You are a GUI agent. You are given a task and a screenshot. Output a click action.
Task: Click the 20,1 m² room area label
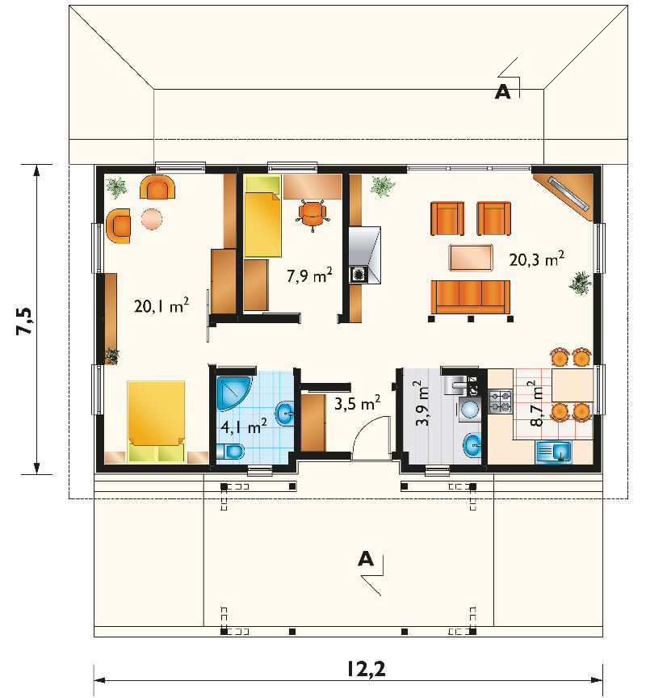[x=161, y=305]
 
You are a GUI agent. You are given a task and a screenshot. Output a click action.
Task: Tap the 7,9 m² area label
[x=309, y=275]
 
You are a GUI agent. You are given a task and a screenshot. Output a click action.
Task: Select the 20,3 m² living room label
[x=536, y=259]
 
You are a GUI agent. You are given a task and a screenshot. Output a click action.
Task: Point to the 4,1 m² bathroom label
[x=244, y=427]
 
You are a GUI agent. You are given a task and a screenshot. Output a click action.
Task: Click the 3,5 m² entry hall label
[x=357, y=403]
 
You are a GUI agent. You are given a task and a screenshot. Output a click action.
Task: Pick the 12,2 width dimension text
[x=366, y=669]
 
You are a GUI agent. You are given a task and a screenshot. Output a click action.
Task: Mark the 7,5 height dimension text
[x=24, y=321]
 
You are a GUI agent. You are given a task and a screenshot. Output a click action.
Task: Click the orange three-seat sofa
[x=470, y=297]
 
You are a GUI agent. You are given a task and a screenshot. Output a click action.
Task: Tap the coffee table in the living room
[x=471, y=257]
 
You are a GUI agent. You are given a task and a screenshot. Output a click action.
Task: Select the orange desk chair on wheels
[x=313, y=215]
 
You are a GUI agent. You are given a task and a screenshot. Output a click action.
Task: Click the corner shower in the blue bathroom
[x=233, y=393]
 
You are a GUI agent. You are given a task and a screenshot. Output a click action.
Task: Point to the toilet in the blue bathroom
[x=230, y=452]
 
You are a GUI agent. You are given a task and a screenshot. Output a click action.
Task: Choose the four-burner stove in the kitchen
[x=500, y=400]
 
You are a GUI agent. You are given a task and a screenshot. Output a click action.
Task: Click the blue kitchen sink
[x=553, y=452]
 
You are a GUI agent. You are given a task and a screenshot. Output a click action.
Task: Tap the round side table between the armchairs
[x=152, y=219]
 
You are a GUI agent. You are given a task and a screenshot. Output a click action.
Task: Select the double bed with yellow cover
[x=156, y=421]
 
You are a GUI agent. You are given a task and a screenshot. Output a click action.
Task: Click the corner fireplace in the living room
[x=566, y=194]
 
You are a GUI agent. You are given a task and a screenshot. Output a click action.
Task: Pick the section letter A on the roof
[x=503, y=92]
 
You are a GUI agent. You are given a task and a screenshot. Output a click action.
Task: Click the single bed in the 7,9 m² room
[x=263, y=216]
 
